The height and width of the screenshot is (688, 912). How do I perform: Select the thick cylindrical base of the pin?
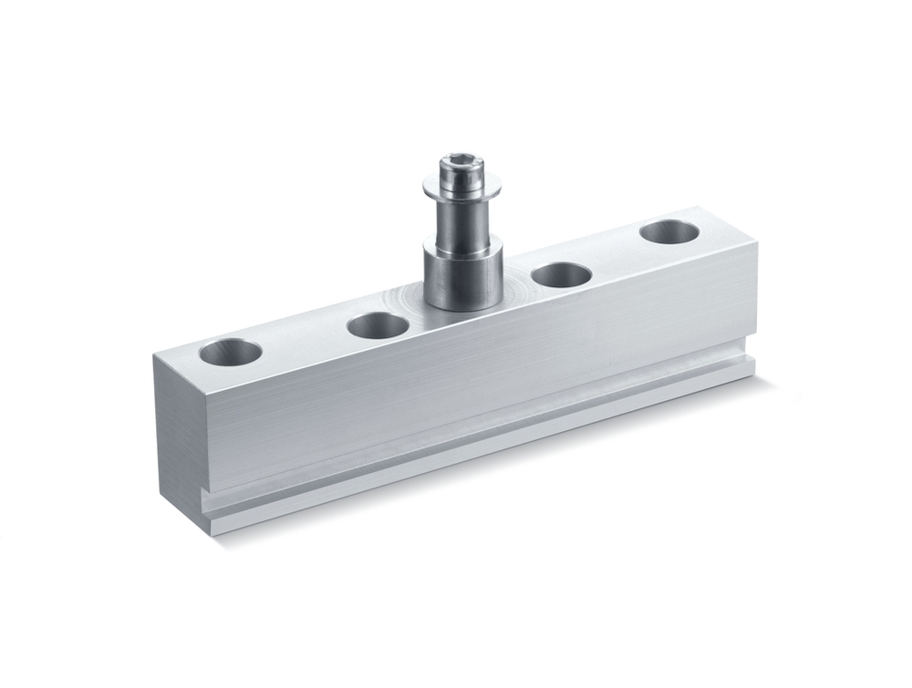[461, 273]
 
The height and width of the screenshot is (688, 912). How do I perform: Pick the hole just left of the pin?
[378, 323]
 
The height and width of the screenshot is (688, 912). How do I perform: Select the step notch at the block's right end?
[751, 365]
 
